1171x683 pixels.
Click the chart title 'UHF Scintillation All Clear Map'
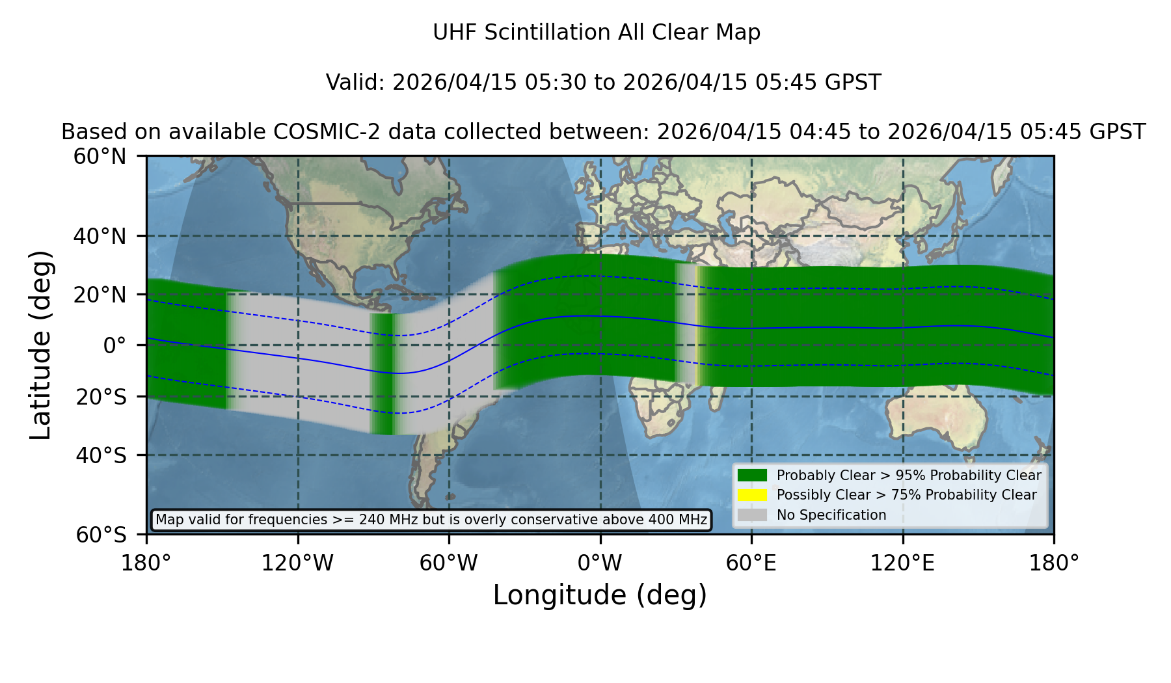coord(597,33)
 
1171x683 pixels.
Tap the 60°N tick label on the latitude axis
coord(100,157)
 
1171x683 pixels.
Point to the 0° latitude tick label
coord(114,345)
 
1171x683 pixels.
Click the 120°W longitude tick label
coord(297,563)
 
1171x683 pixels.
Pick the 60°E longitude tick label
coord(751,563)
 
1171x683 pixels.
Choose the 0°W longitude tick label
coord(600,563)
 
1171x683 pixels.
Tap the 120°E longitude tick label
coord(902,563)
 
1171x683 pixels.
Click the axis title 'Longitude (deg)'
coord(600,595)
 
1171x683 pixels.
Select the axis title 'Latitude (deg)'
coord(40,345)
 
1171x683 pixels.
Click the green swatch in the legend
coord(753,475)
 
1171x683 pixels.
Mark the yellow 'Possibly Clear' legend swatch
coord(753,495)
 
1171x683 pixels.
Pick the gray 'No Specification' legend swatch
coord(753,515)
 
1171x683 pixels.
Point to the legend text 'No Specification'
coord(831,515)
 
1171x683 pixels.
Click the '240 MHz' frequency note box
coord(431,520)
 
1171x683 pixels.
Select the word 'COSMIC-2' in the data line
coord(317,132)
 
